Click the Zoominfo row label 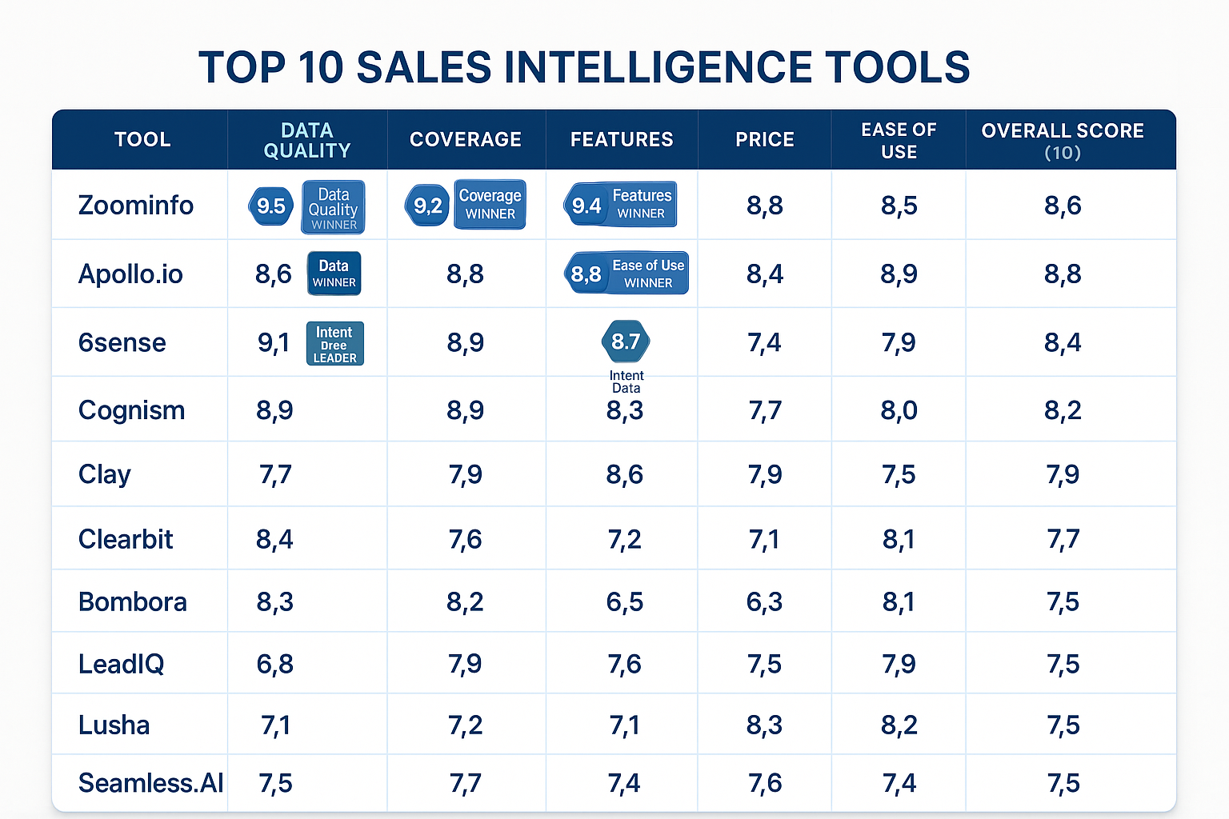(135, 206)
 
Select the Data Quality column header (307, 140)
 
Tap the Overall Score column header (1063, 140)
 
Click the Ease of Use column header (899, 140)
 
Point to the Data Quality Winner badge (333, 207)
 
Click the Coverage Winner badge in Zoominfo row (490, 205)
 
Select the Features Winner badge (640, 204)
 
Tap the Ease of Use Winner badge (647, 273)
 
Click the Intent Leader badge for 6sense (334, 344)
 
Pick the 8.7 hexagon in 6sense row (625, 342)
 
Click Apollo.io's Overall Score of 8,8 (1063, 274)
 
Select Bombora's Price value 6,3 (764, 601)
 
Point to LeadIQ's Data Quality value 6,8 (274, 664)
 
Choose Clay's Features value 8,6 (624, 474)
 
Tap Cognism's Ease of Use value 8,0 (899, 410)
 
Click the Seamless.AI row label (150, 783)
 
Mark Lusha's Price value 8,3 (764, 725)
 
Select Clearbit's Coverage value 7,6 (465, 539)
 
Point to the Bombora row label (132, 601)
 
